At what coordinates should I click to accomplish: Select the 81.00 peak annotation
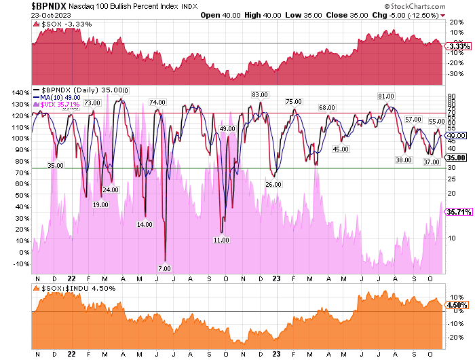click(x=386, y=96)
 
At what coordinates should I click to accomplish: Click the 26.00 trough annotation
click(x=273, y=184)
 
